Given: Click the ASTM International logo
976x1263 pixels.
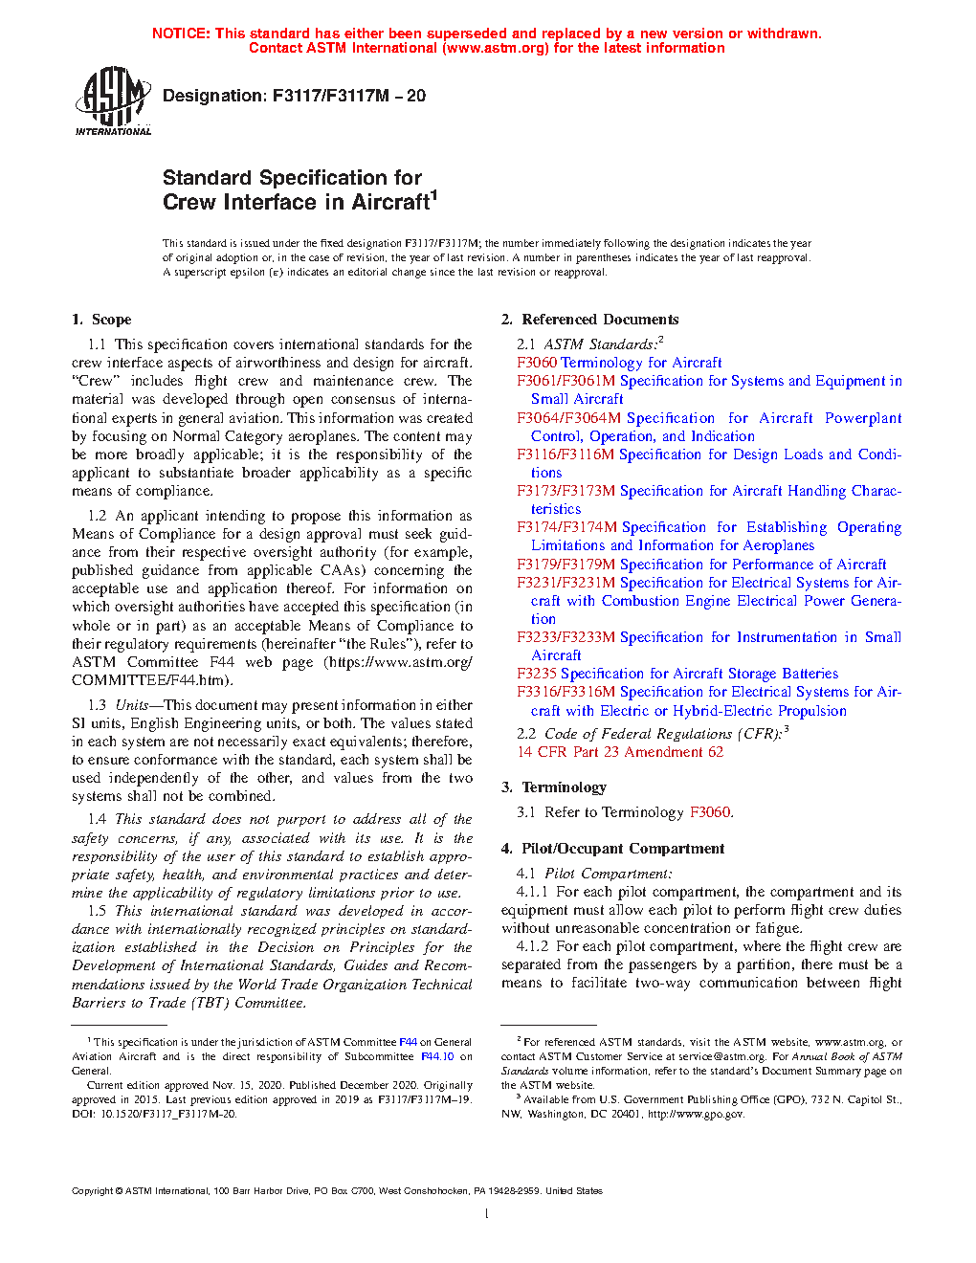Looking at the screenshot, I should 113,100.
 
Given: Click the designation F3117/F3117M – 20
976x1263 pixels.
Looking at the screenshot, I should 294,96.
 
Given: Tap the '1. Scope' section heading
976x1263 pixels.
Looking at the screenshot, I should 101,320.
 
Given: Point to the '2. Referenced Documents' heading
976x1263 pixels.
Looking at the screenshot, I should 590,320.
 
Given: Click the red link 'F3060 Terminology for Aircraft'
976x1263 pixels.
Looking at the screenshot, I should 619,363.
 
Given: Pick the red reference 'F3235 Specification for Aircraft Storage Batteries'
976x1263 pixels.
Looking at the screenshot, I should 677,674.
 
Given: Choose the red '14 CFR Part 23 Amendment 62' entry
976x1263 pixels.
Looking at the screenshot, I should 620,752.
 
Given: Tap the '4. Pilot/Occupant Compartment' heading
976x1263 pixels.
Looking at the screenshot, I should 612,849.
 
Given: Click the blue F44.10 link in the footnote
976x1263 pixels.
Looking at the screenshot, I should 437,1057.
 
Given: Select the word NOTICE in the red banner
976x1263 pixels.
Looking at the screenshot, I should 181,33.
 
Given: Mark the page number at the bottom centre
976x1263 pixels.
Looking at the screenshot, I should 487,1214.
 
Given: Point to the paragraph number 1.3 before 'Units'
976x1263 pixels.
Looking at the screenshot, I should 97,705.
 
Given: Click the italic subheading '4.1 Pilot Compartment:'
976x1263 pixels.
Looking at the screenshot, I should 594,874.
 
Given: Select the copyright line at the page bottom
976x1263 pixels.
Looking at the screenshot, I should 337,1191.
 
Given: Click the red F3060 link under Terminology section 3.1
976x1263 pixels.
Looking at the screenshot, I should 710,812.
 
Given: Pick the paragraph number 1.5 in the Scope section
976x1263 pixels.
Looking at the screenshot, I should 97,911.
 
